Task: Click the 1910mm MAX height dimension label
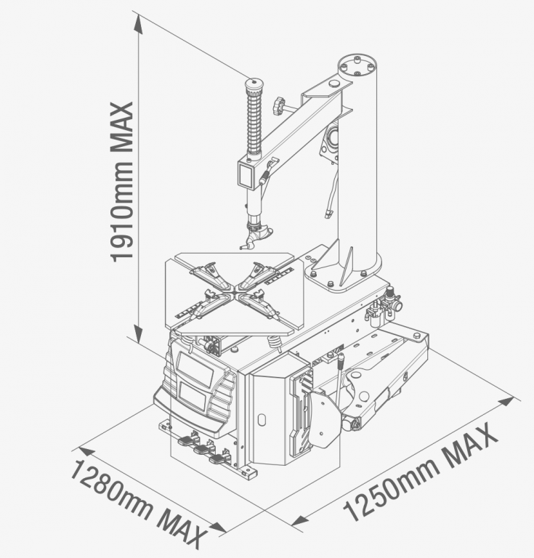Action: pyautogui.click(x=121, y=182)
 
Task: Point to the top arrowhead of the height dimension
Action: pyautogui.click(x=138, y=25)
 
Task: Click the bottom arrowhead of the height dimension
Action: pyautogui.click(x=138, y=333)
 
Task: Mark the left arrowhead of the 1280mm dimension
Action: pyautogui.click(x=86, y=452)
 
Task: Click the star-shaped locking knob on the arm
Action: pyautogui.click(x=278, y=105)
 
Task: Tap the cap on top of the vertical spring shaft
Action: pyautogui.click(x=254, y=86)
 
